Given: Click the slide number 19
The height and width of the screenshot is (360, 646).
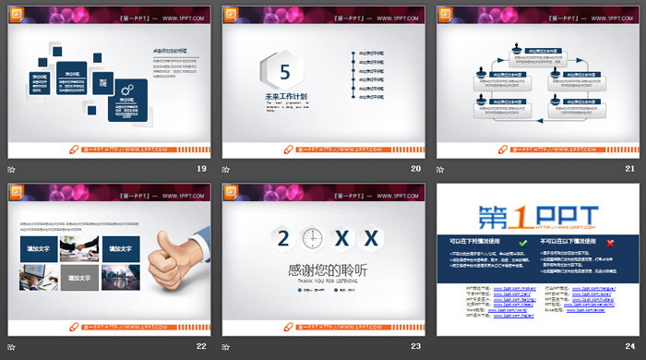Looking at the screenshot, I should (201, 168).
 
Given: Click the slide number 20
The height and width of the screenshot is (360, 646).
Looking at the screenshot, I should (415, 168).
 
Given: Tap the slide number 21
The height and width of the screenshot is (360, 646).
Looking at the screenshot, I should (630, 168).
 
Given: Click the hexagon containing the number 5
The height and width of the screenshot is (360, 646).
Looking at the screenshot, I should (284, 70).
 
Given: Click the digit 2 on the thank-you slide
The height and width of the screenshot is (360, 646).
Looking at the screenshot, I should (283, 238).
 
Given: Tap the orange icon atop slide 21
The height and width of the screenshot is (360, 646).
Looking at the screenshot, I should (446, 14).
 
